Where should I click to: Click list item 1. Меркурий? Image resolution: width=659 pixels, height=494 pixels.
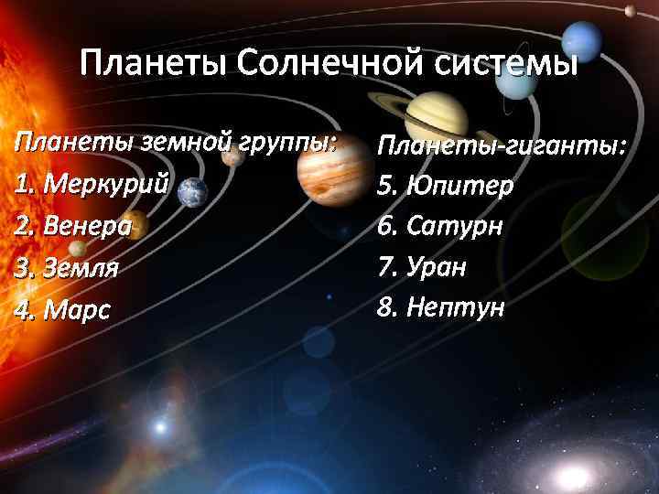coord(92,184)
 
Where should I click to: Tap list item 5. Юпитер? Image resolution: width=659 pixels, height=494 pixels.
coord(445,186)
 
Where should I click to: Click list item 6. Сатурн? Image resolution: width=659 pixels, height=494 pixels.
coord(440,226)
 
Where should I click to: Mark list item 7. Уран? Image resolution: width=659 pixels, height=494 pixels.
coord(422,268)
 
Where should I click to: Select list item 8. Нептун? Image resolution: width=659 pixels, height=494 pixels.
coord(440,308)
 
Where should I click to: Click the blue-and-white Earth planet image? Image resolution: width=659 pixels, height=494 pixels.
coord(192,190)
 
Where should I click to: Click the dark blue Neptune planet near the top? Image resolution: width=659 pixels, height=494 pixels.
coord(578,38)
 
